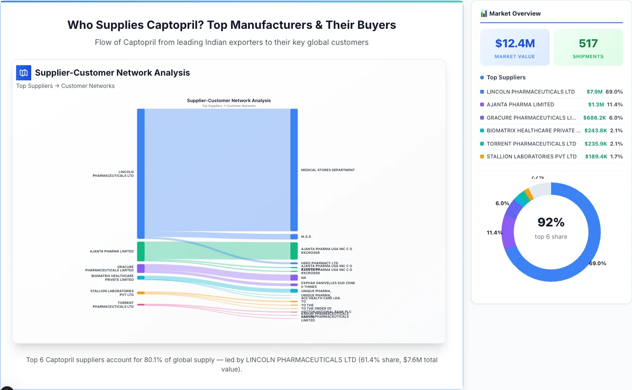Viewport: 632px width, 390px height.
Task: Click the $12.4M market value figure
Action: (515, 43)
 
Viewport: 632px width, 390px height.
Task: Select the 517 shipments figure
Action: (588, 43)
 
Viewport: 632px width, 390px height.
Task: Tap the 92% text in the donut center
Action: (551, 222)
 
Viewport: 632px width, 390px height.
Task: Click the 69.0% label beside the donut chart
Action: (597, 263)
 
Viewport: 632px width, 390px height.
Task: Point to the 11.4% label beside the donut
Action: (495, 233)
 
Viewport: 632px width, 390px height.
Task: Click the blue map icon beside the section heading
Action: (23, 73)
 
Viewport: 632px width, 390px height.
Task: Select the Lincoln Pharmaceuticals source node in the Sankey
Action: (140, 173)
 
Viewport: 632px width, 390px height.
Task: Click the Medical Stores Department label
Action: (328, 170)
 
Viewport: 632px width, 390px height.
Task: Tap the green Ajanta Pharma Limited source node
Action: (140, 251)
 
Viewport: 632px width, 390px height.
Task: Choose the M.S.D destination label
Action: (306, 237)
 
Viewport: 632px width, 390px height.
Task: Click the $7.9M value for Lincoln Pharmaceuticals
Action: (594, 92)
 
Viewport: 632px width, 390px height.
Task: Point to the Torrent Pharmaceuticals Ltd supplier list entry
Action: (531, 144)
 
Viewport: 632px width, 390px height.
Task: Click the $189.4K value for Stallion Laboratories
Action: (596, 156)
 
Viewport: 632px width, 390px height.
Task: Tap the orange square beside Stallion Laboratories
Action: (482, 156)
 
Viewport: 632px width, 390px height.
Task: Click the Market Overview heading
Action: (515, 14)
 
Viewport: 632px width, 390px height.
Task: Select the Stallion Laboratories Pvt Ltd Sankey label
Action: (112, 293)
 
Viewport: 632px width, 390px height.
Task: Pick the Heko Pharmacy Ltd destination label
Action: (319, 263)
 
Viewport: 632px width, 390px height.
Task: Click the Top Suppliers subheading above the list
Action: (506, 78)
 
